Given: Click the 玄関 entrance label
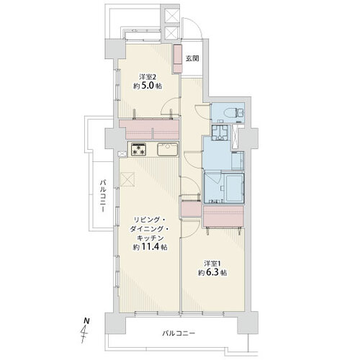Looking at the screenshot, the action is click(x=192, y=58).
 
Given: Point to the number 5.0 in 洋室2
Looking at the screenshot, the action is click(x=147, y=86).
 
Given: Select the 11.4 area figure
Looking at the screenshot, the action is click(x=151, y=247).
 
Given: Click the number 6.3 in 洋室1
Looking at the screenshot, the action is click(x=212, y=273).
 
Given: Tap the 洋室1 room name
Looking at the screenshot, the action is click(x=212, y=264).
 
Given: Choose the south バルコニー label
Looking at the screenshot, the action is click(x=179, y=333).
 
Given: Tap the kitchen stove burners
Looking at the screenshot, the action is click(x=138, y=149).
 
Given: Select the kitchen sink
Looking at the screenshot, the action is click(x=167, y=149).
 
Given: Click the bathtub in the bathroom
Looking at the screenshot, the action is click(x=234, y=188).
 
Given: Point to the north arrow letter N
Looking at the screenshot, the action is click(x=86, y=321).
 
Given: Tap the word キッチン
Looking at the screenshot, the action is click(x=150, y=238).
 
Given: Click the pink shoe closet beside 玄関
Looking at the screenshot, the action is click(x=178, y=59).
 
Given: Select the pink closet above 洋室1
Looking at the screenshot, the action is click(x=223, y=217).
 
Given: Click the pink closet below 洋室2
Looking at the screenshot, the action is click(x=149, y=130).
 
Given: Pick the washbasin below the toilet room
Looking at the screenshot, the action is click(x=221, y=132).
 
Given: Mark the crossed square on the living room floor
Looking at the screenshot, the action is click(x=127, y=179).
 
